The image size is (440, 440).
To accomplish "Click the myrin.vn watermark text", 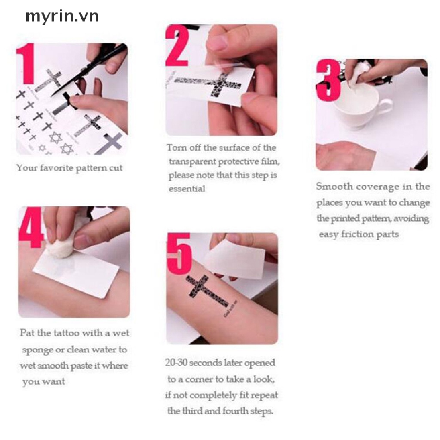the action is pyautogui.click(x=62, y=17).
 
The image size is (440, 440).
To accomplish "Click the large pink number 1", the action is pyautogui.click(x=26, y=64).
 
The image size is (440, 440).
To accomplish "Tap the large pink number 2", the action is pyautogui.click(x=177, y=46).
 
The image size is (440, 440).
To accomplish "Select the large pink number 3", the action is pyautogui.click(x=328, y=80).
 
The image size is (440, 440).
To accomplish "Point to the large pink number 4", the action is pyautogui.click(x=31, y=228).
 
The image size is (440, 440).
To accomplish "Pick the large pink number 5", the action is pyautogui.click(x=179, y=254).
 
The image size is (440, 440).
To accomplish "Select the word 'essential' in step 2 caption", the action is pyautogui.click(x=187, y=189).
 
